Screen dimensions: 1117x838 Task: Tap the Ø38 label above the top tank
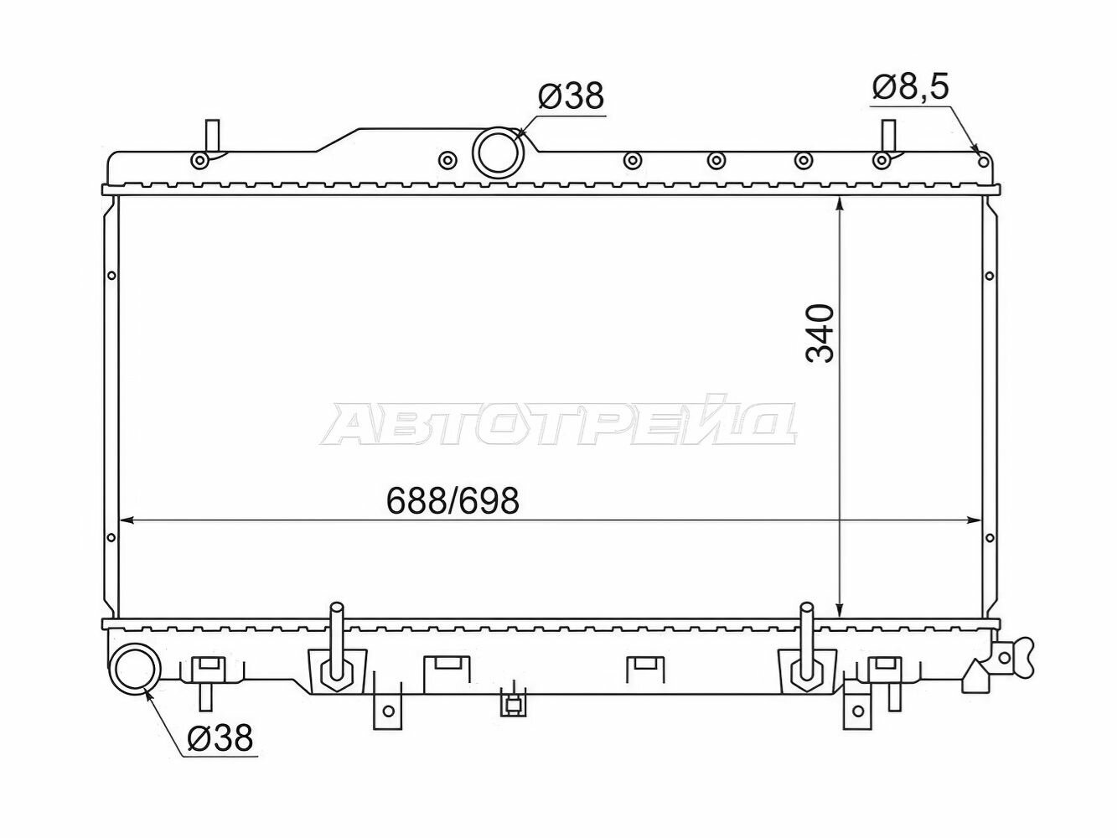(571, 96)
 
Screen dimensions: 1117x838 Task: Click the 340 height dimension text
(820, 334)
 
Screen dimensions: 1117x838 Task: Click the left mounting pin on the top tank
(212, 136)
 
